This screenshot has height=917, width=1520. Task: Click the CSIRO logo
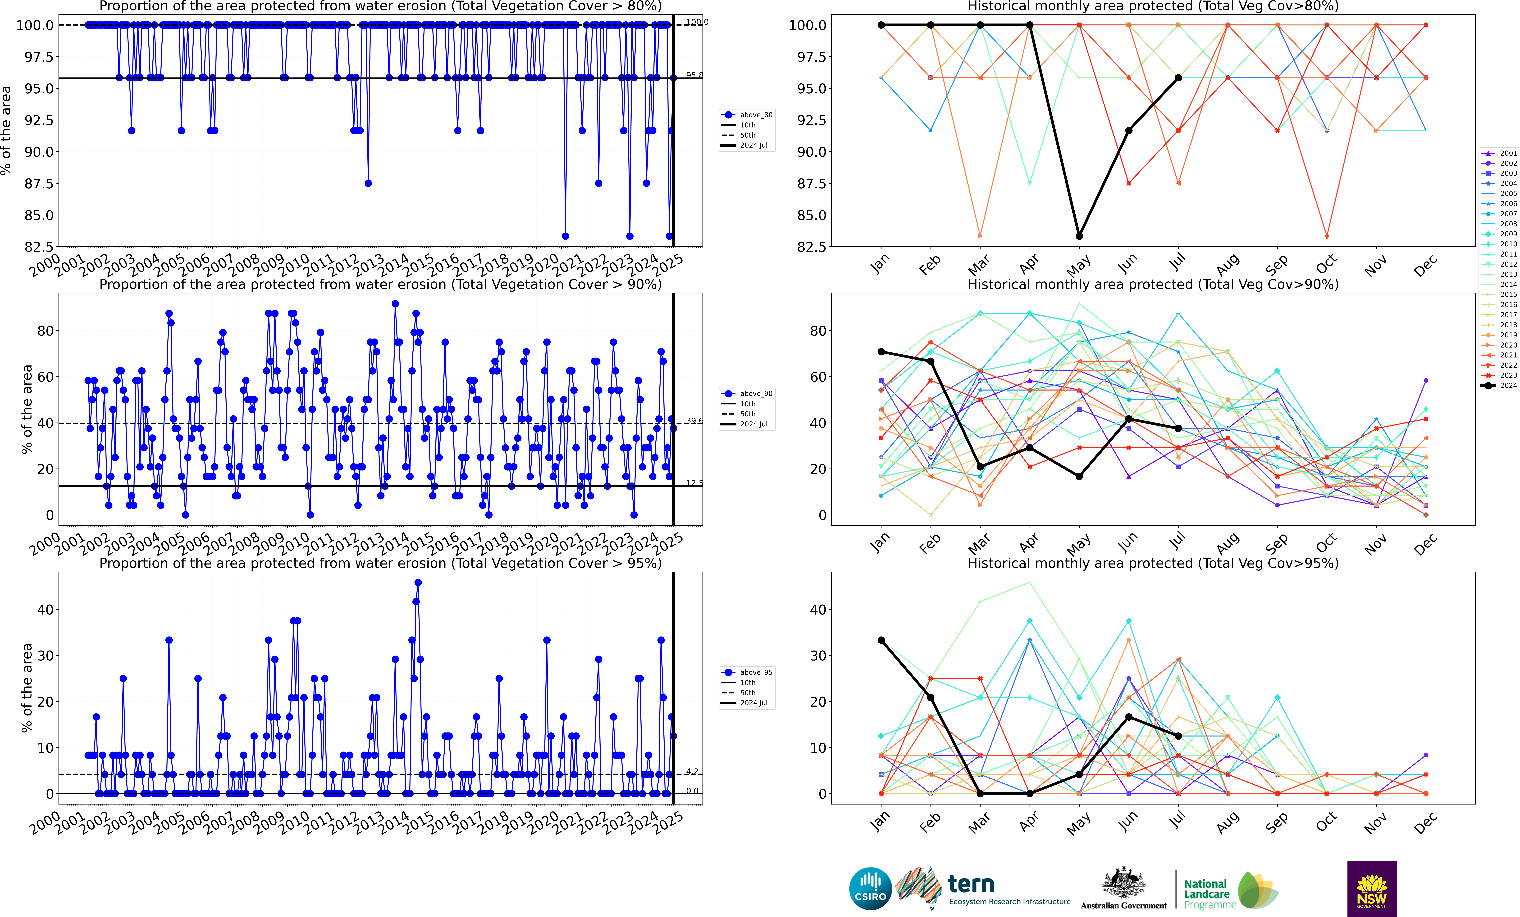[870, 889]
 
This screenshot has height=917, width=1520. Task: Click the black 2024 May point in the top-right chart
[1079, 236]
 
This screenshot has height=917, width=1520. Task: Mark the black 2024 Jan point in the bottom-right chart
[881, 640]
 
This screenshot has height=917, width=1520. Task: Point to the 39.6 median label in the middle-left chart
[694, 421]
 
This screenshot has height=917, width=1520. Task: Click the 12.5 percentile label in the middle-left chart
[694, 483]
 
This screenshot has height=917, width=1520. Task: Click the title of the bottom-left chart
[380, 563]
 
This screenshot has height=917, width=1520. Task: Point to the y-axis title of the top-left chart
[6, 130]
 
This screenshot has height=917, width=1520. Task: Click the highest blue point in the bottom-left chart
[418, 582]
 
